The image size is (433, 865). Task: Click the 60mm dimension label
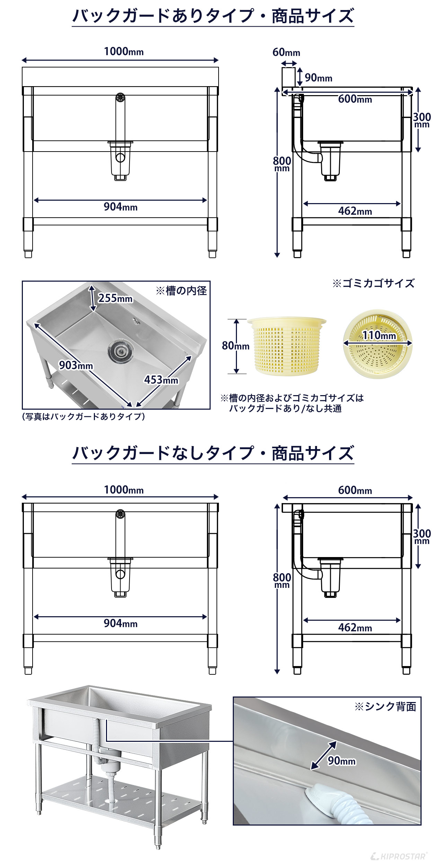[x=286, y=52]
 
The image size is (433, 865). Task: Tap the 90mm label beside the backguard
[x=318, y=78]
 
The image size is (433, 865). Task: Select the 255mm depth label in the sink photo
[x=115, y=298]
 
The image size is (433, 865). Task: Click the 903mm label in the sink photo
[x=76, y=365]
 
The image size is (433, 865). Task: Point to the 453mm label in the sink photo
[x=161, y=380]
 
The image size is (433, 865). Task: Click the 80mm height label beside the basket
[x=236, y=346]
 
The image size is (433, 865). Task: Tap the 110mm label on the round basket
[x=379, y=335]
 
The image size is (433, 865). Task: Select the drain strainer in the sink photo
[x=120, y=351]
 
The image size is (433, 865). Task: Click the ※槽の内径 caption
[x=181, y=291]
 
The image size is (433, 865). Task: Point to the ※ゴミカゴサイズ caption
[x=373, y=283]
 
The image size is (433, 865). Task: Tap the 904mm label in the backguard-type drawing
[x=121, y=207]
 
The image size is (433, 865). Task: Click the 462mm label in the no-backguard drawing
[x=355, y=627]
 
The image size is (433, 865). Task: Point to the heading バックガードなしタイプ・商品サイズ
[x=213, y=453]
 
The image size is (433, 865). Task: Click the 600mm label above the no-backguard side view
[x=355, y=490]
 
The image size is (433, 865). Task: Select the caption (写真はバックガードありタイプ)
[x=83, y=416]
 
